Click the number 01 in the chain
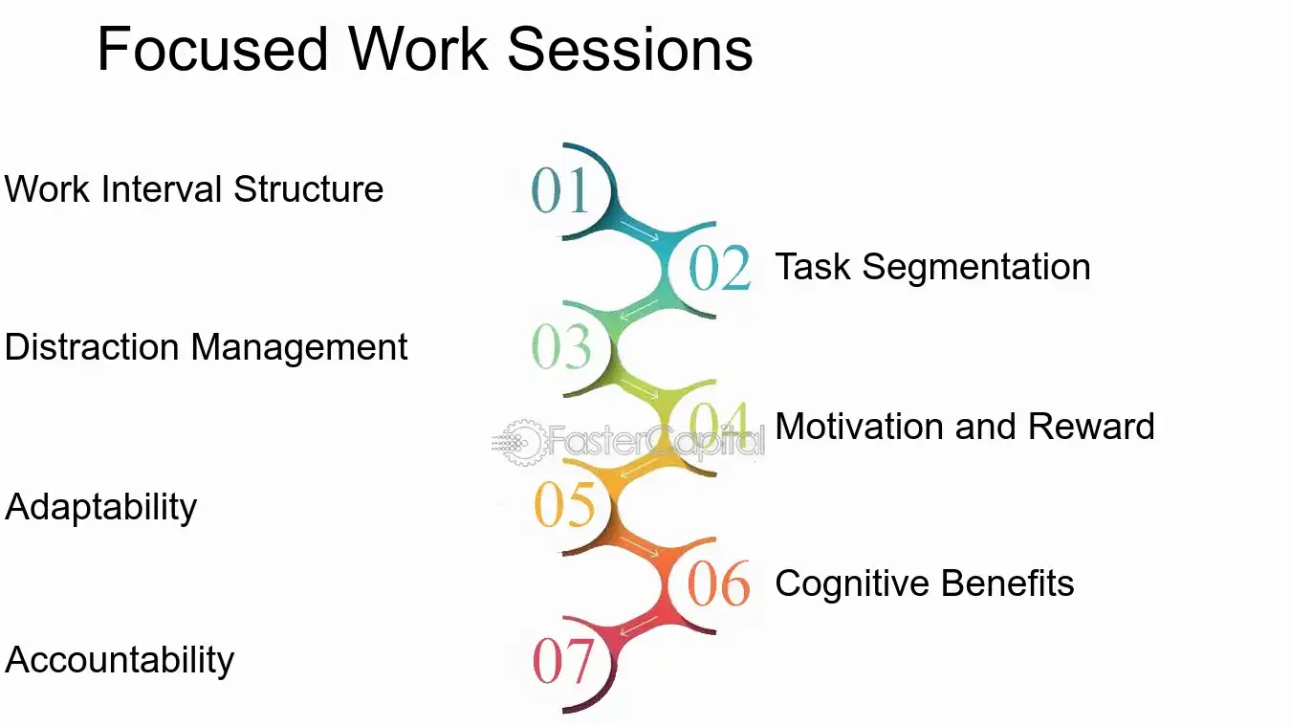pos(559,189)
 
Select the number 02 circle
pos(719,269)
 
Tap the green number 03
pos(561,347)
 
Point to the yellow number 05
pos(564,504)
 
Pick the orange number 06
pos(719,583)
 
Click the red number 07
pos(563,661)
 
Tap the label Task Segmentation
pos(932,267)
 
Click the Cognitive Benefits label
pos(924,583)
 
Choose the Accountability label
pos(120,661)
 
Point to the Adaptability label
pos(100,507)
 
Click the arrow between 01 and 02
pos(638,230)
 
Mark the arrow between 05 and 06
pos(638,546)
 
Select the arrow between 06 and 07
pos(638,626)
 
